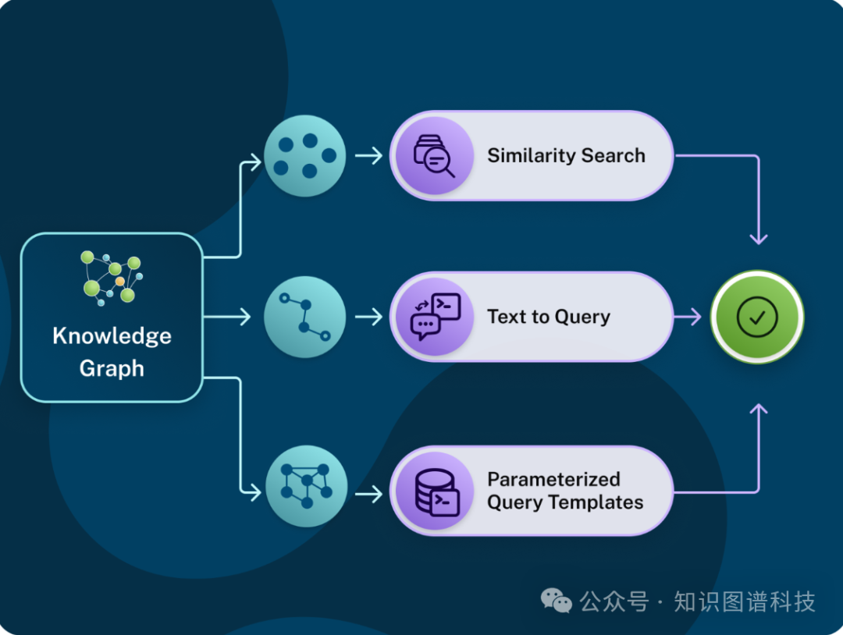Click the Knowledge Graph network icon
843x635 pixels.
(112, 278)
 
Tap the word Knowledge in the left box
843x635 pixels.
(112, 336)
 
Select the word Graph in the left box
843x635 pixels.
(112, 368)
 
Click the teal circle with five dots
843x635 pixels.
(305, 156)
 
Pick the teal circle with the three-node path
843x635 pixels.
(305, 317)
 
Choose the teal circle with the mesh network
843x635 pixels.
(305, 487)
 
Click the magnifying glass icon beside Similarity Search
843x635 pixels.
(433, 156)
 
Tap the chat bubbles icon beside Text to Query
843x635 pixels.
(433, 317)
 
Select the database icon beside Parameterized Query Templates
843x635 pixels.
(433, 491)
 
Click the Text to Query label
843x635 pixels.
(549, 317)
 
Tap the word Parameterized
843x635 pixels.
(554, 479)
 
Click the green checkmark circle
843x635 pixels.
(757, 317)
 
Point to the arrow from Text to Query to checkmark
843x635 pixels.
(687, 317)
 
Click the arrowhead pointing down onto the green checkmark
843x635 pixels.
(758, 237)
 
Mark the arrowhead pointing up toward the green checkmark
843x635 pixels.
(758, 409)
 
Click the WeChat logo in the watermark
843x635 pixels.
(557, 601)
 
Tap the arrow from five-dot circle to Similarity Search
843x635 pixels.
(368, 156)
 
